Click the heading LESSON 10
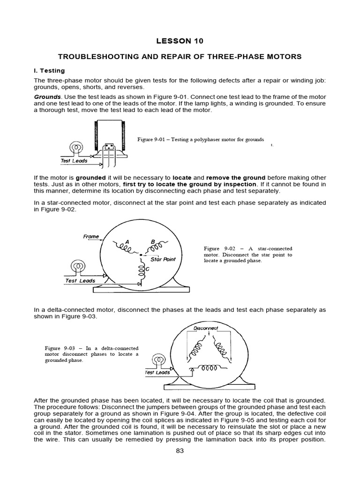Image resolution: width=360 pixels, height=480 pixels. click(180, 41)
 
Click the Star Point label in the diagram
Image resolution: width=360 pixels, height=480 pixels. click(163, 259)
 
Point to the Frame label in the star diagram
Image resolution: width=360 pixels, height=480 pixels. click(91, 237)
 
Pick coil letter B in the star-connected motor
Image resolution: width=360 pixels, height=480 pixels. click(153, 242)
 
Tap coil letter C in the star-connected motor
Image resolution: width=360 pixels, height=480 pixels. click(147, 269)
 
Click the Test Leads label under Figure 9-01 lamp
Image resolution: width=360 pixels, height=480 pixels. click(74, 161)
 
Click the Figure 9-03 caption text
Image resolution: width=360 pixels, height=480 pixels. click(92, 354)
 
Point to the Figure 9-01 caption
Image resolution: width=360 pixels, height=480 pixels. click(200, 140)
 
